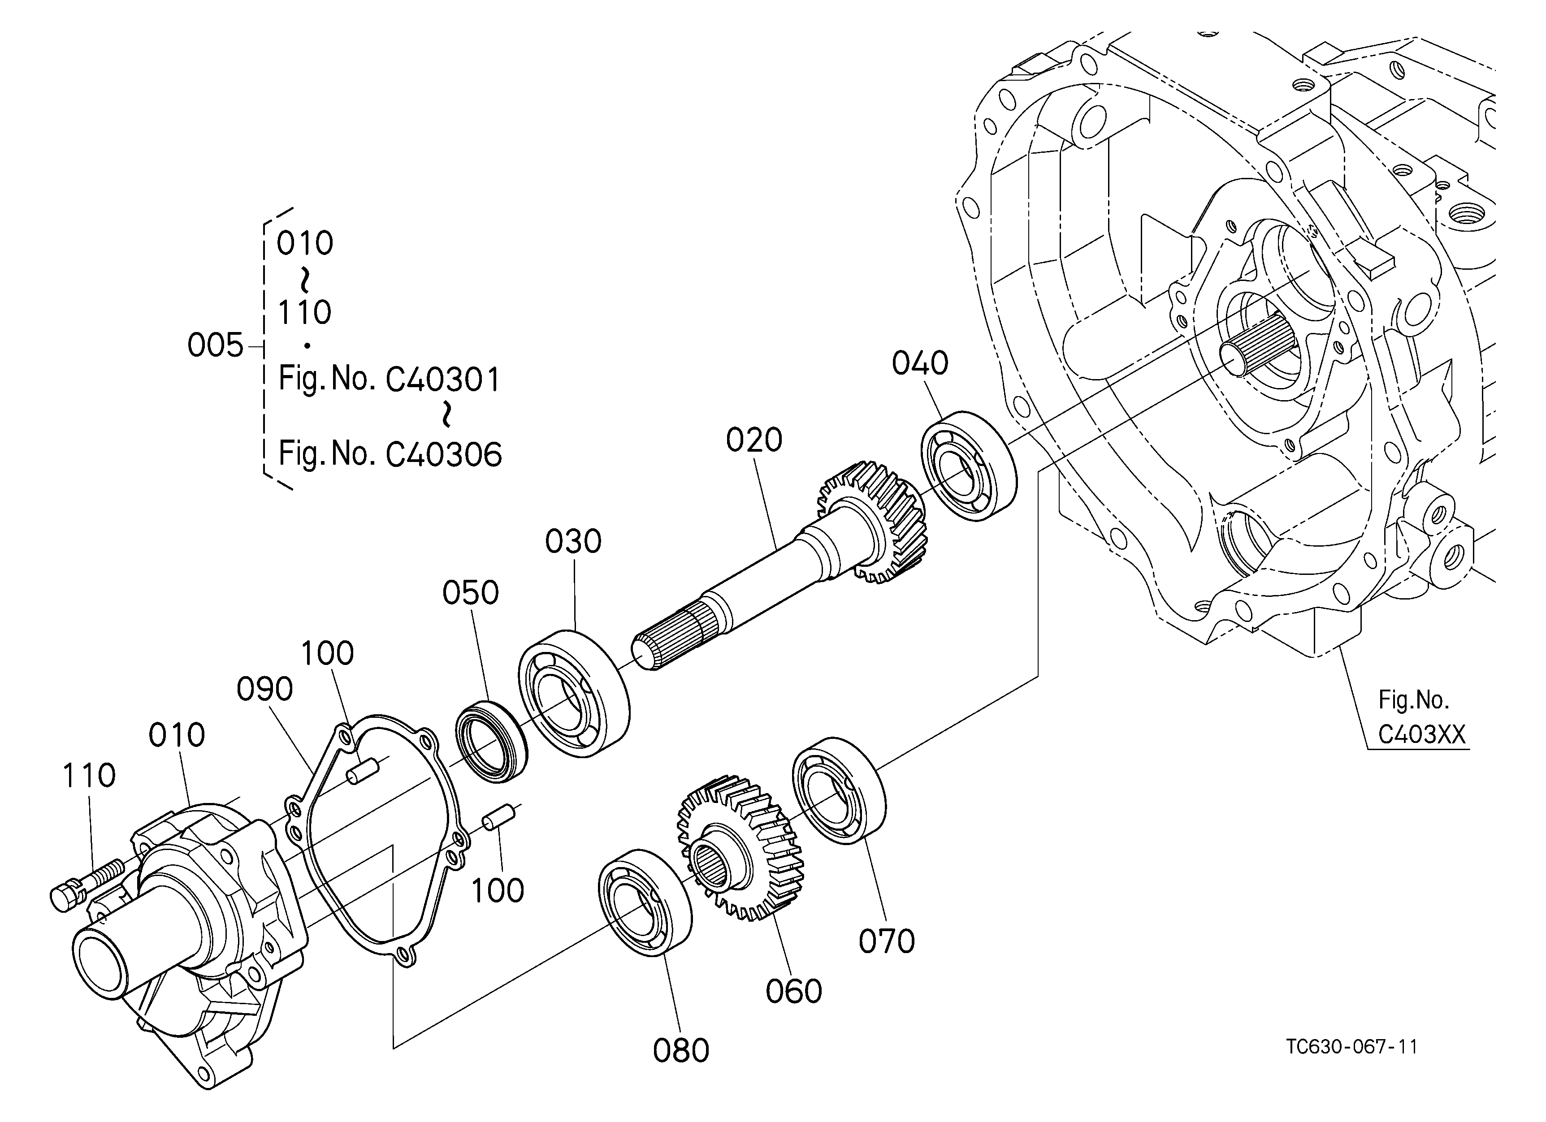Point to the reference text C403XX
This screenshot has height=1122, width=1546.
(x=1421, y=735)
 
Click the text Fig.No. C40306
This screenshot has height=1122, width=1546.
(x=390, y=454)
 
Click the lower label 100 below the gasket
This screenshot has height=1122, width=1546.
(x=498, y=890)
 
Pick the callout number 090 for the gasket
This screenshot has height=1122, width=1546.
(x=264, y=690)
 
